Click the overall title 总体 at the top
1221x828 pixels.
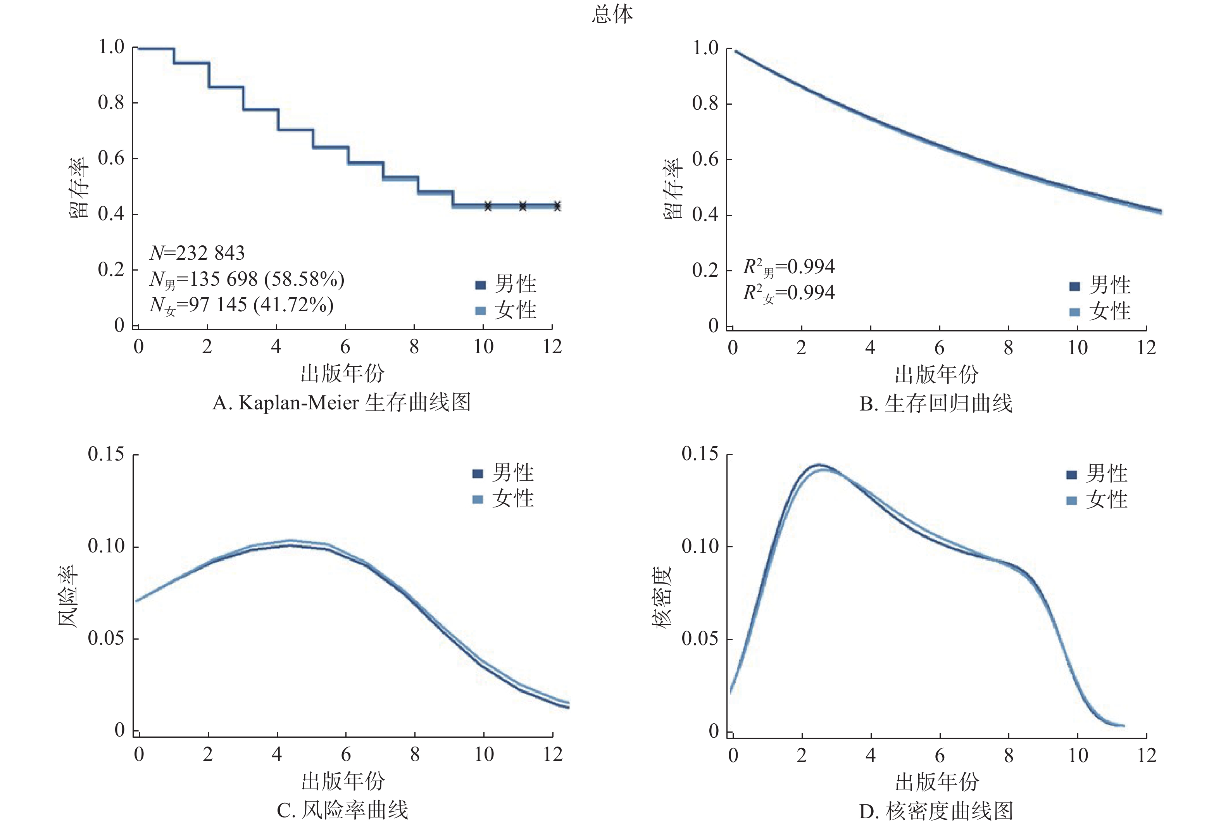point(612,14)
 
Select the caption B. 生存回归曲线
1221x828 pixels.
point(936,404)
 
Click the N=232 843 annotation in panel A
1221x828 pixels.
point(197,253)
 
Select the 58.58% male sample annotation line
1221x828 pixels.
point(247,279)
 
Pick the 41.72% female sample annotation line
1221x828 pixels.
point(241,305)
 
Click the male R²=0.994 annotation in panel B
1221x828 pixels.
point(788,267)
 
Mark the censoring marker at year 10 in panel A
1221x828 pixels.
point(488,206)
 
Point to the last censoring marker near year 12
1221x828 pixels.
point(557,206)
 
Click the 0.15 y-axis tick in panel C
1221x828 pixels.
point(106,454)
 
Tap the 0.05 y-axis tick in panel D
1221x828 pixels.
point(700,638)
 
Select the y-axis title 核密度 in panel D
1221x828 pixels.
point(662,597)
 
